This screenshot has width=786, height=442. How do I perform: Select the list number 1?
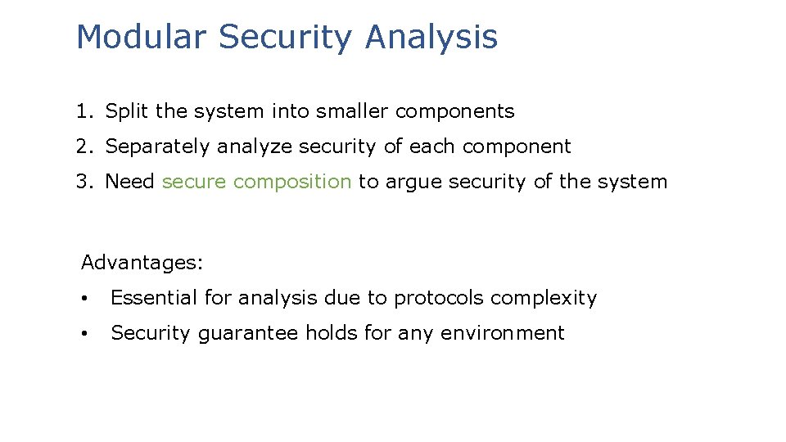(x=83, y=111)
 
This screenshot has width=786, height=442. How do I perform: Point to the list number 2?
(x=83, y=147)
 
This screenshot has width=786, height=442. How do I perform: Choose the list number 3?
(x=83, y=182)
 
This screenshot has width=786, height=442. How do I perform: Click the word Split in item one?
(x=124, y=111)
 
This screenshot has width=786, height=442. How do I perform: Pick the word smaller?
(x=324, y=111)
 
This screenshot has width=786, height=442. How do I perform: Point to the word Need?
(x=130, y=182)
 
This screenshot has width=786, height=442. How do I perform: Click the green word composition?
(x=292, y=183)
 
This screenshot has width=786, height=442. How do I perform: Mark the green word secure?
(x=194, y=182)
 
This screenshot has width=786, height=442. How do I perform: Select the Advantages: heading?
(x=142, y=264)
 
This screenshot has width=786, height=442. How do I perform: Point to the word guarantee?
(x=246, y=334)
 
